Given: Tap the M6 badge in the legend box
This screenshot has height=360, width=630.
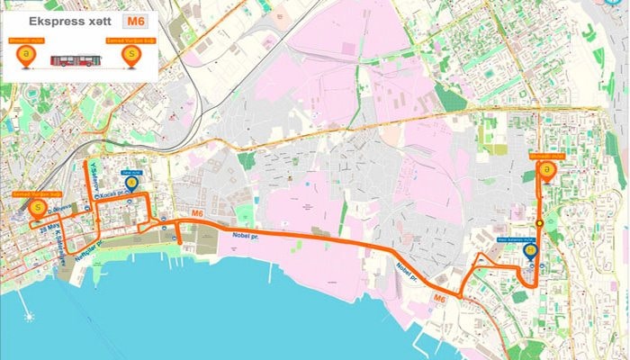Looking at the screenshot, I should [135, 19].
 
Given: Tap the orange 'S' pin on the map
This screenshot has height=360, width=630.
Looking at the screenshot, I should [38, 209].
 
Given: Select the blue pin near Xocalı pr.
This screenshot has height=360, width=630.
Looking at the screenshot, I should [132, 185].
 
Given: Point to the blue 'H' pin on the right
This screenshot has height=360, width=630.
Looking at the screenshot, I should [531, 253].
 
